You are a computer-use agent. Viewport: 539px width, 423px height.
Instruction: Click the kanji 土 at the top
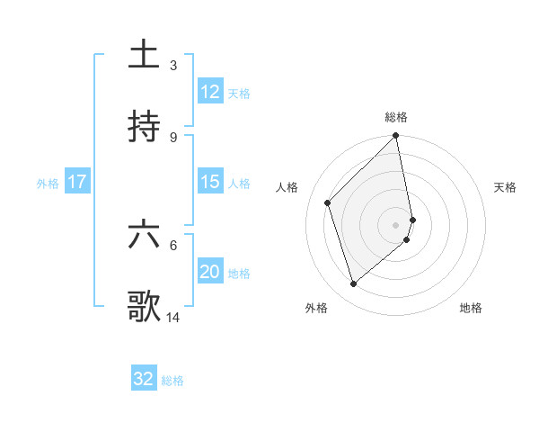point(144,56)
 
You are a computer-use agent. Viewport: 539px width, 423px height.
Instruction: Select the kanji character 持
point(144,127)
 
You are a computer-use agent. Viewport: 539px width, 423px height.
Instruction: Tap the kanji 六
point(144,235)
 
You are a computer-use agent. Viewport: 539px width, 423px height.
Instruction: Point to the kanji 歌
point(144,306)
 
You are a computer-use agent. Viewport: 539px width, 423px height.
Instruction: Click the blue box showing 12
point(209,92)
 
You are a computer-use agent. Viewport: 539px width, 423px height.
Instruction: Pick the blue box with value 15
point(209,182)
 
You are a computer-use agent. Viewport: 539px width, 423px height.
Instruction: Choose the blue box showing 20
point(209,272)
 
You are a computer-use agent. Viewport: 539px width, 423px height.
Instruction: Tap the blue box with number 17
point(77,182)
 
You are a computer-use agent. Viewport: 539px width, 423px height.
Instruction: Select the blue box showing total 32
point(144,379)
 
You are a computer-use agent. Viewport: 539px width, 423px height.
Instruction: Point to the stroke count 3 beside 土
point(173,65)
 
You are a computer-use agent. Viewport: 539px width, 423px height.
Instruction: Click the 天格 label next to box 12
point(239,93)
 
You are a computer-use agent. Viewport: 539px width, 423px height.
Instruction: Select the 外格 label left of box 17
point(48,183)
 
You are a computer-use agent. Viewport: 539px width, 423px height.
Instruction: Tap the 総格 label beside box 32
point(172,380)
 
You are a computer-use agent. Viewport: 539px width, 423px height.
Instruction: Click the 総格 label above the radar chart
point(396,117)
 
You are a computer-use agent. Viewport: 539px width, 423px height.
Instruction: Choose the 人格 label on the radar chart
point(287,187)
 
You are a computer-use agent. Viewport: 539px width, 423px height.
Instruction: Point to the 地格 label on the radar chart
point(471,308)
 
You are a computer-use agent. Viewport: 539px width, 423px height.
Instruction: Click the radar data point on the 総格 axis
point(396,137)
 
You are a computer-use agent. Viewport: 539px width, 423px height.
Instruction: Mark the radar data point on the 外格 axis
point(353,284)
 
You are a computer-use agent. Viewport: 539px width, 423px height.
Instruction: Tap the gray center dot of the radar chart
point(396,224)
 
